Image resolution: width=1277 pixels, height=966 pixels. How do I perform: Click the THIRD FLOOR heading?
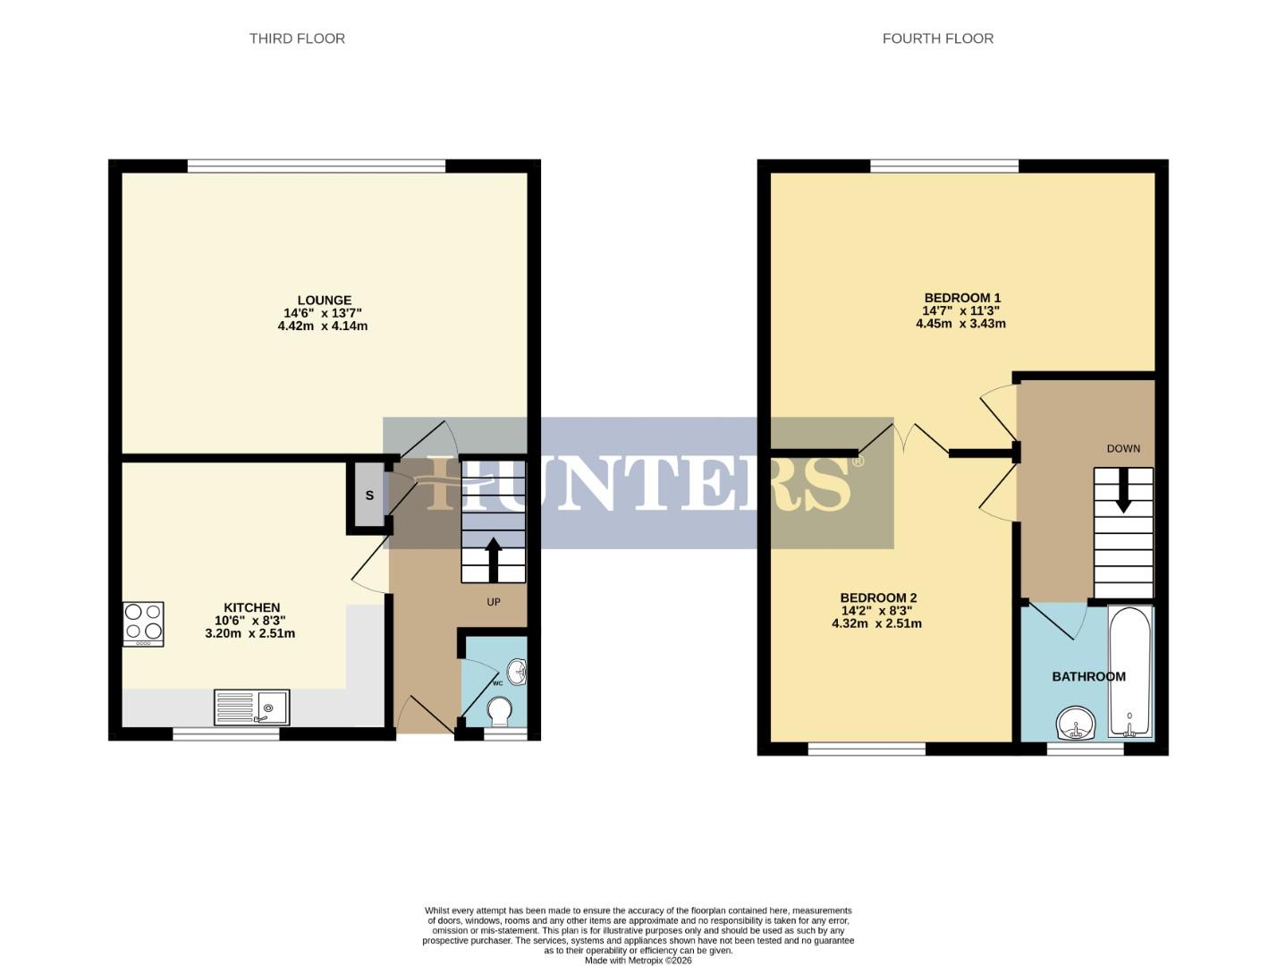[x=297, y=38]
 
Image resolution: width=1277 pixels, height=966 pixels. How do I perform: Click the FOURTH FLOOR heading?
[x=937, y=38]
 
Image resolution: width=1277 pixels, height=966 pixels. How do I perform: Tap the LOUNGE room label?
[x=324, y=301]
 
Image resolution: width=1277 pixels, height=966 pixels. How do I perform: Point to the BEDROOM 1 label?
[x=962, y=298]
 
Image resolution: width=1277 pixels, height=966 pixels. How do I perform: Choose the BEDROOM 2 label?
[x=878, y=597]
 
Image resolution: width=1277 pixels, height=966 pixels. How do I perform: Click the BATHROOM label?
[x=1088, y=676]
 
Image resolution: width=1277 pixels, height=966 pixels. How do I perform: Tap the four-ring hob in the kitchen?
[x=143, y=623]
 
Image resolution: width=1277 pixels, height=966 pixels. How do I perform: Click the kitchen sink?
[x=251, y=708]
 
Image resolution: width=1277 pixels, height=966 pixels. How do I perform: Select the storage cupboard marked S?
[x=368, y=496]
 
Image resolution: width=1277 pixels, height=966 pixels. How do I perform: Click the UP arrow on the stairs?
[x=493, y=558]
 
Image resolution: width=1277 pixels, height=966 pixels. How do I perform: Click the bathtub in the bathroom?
[x=1130, y=672]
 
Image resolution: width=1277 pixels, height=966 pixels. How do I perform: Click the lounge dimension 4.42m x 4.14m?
[x=323, y=326]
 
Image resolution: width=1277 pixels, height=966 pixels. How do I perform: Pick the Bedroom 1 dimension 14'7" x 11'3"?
[x=961, y=310]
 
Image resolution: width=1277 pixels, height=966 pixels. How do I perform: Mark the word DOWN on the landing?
[x=1123, y=448]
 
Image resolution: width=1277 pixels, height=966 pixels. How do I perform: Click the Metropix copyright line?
[x=638, y=960]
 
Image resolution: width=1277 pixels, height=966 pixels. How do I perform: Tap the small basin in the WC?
[x=517, y=669]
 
